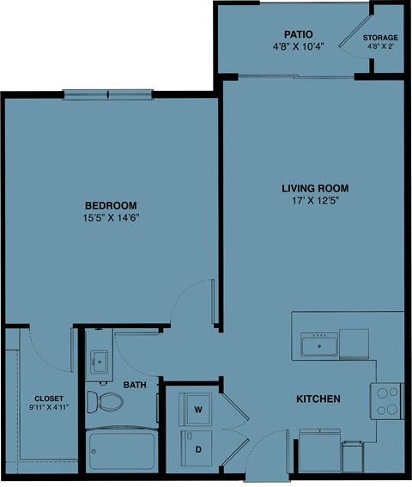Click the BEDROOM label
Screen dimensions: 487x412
coord(112,205)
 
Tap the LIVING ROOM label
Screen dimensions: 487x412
coord(315,188)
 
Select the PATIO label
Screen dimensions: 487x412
coord(298,35)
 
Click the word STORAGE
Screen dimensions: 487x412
coord(380,39)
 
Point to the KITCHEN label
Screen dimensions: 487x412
coord(318,399)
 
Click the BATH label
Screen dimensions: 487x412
coord(135,386)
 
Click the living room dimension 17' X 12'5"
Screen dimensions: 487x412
coord(315,202)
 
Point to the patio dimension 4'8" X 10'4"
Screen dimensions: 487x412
coord(298,48)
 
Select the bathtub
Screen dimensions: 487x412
coord(122,450)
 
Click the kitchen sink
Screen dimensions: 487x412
coord(318,345)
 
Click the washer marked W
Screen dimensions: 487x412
coord(197,410)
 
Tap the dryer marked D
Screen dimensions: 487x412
coord(197,449)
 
